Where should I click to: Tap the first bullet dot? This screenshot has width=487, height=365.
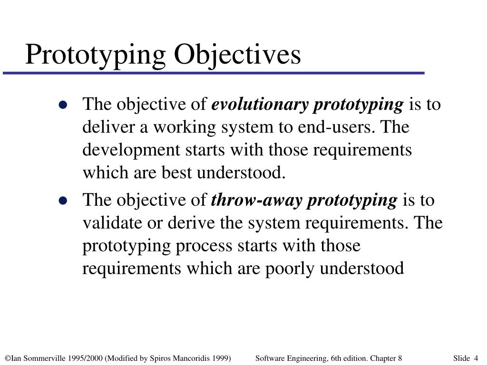click(x=63, y=106)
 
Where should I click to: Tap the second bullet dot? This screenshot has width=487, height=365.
click(x=63, y=201)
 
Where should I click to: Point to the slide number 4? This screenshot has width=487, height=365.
click(x=476, y=358)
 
